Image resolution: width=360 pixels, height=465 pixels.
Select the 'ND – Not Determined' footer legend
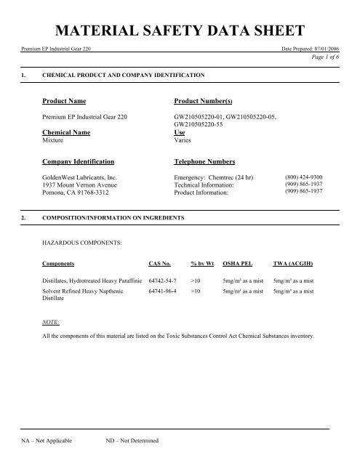[132, 441]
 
